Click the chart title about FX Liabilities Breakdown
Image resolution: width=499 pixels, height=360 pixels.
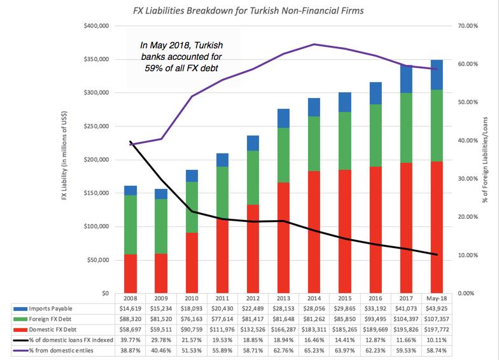(x=249, y=11)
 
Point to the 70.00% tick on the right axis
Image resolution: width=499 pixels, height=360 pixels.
(x=467, y=26)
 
